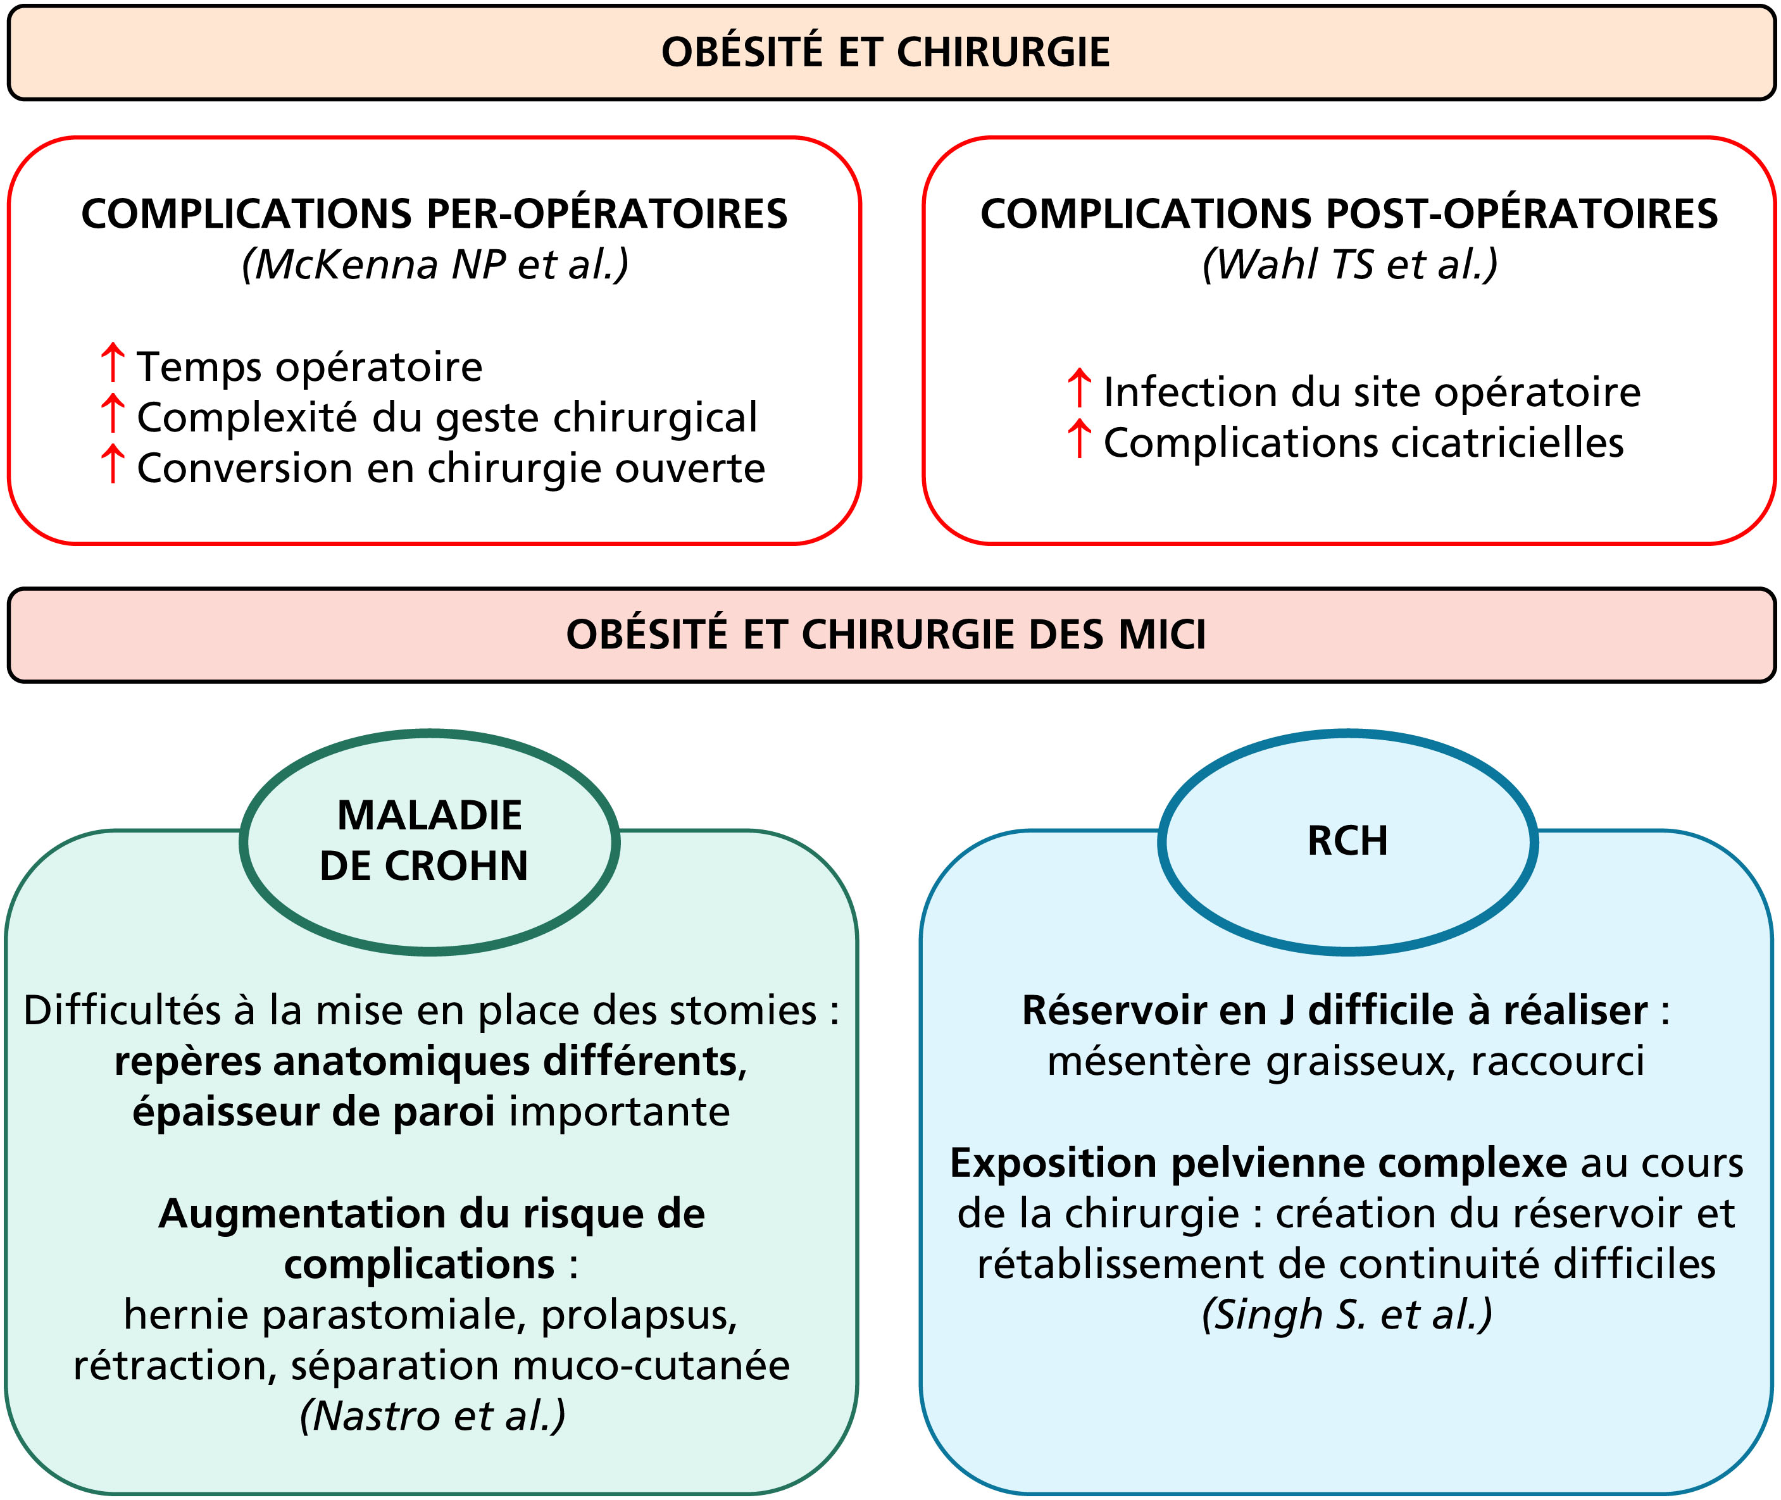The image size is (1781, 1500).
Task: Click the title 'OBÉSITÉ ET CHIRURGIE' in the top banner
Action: click(x=885, y=52)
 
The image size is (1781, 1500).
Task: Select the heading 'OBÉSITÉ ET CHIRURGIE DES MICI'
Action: click(x=885, y=635)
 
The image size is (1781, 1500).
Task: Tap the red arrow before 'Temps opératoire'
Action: click(x=112, y=363)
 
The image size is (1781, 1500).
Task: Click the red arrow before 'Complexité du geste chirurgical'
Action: click(x=112, y=414)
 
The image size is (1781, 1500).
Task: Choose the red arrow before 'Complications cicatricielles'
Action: click(x=1079, y=440)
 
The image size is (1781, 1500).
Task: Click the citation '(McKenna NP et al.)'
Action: click(x=435, y=264)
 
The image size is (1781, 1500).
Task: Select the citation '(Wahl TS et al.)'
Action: click(x=1350, y=264)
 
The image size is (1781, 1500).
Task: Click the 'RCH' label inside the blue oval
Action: click(x=1348, y=841)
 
